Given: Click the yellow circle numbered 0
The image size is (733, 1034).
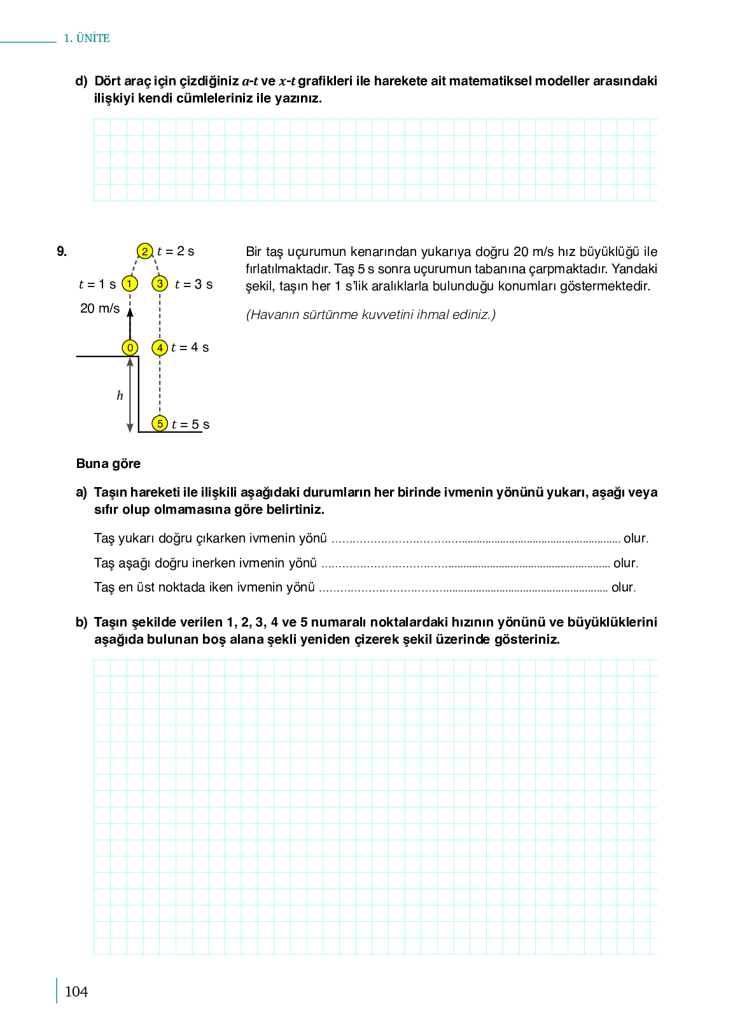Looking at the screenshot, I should [x=130, y=348].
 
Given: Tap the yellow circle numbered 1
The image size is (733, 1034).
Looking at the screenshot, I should [x=130, y=284].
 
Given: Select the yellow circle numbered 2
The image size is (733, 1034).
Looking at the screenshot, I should [x=145, y=251].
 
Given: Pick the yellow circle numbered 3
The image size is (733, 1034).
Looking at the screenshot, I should [x=160, y=284].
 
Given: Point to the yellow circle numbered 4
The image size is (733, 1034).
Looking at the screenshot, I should [x=160, y=348].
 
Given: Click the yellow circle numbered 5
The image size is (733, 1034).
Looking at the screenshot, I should [x=160, y=423].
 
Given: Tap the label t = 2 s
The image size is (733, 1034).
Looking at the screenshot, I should [x=176, y=251].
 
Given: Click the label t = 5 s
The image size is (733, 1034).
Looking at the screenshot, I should [x=191, y=425].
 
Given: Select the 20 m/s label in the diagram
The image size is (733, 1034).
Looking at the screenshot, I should [x=100, y=309].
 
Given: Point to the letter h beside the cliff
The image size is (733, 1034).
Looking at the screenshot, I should [x=120, y=396].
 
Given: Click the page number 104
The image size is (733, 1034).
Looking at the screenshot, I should [x=76, y=991].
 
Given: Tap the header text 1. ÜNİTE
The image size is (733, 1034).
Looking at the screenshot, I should [x=87, y=38].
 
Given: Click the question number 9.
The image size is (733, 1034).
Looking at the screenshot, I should [x=62, y=251].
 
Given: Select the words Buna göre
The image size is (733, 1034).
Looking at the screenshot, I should [x=108, y=464].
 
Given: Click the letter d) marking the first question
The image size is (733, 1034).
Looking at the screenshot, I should [x=81, y=81].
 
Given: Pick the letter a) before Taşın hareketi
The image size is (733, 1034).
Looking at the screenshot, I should [x=81, y=492].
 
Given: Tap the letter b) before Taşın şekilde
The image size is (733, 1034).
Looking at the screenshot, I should [x=81, y=622].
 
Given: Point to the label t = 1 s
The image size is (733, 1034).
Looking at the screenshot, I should [x=97, y=285].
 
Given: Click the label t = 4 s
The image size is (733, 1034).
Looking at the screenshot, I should [x=190, y=348].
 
